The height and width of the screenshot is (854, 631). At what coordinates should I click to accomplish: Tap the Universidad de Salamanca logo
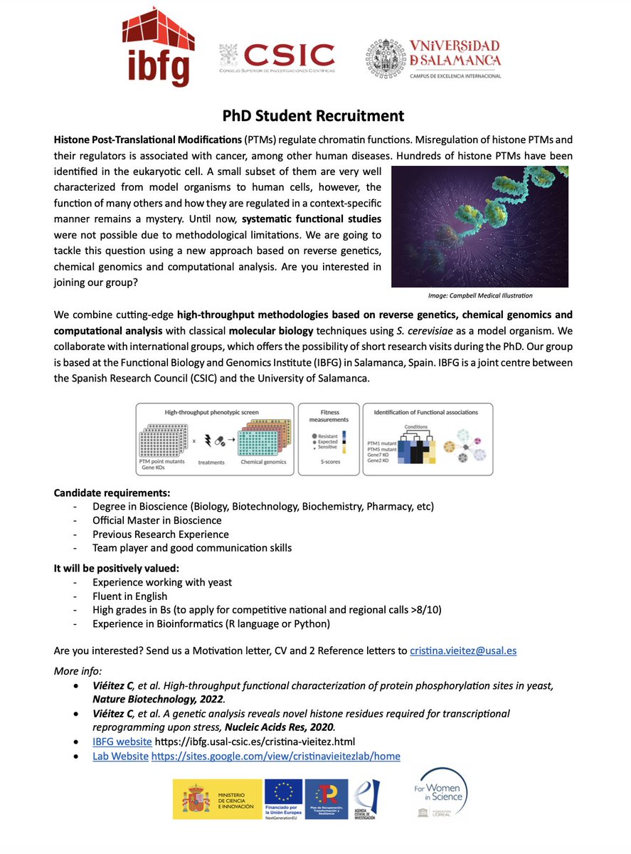coord(433,58)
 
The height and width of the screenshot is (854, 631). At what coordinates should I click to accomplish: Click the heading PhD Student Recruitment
coord(314,115)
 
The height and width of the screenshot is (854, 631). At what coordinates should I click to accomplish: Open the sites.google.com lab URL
coord(276,756)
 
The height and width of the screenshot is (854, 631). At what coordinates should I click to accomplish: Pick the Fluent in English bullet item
coord(130,596)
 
